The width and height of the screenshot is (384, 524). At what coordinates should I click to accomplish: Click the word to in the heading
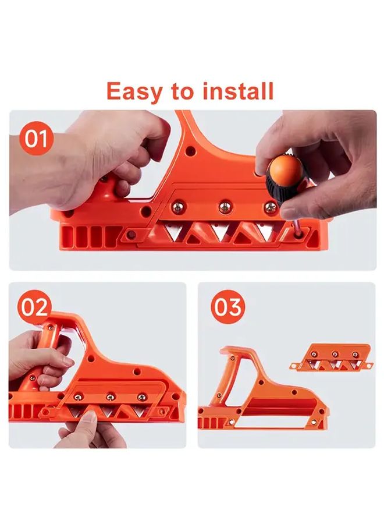(x=181, y=91)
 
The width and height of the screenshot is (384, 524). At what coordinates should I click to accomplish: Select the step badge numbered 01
(x=36, y=140)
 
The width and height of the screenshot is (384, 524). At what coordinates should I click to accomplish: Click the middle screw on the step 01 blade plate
(x=223, y=207)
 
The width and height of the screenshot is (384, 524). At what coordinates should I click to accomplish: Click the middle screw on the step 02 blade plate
(x=108, y=397)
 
